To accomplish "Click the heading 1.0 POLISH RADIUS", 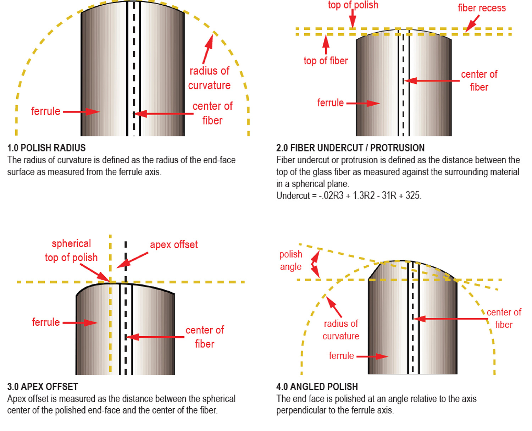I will pos(46,148).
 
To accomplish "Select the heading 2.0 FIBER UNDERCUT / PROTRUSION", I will pos(350,148).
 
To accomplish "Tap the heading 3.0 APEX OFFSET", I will pos(43,387).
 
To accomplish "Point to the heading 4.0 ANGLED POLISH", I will pos(317,387).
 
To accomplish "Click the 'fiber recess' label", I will pos(482,8).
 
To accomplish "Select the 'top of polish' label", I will pos(353,5).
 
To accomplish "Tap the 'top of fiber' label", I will pos(326,61).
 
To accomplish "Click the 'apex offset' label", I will pos(174,244).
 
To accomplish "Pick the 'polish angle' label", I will pos(290,260).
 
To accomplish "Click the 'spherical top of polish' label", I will pos(71,250).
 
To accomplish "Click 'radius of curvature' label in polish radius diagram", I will pos(209,78).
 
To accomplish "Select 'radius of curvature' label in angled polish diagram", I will pos(341,330).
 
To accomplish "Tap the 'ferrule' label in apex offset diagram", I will pos(46,322).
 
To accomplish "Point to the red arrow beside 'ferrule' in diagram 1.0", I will pos(82,112).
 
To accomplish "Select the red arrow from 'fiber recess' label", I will pos(472,23).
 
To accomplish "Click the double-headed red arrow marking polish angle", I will pos(315,264).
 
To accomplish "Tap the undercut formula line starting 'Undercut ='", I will pos(349,196).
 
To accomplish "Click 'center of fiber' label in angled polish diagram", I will pos(504,318).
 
